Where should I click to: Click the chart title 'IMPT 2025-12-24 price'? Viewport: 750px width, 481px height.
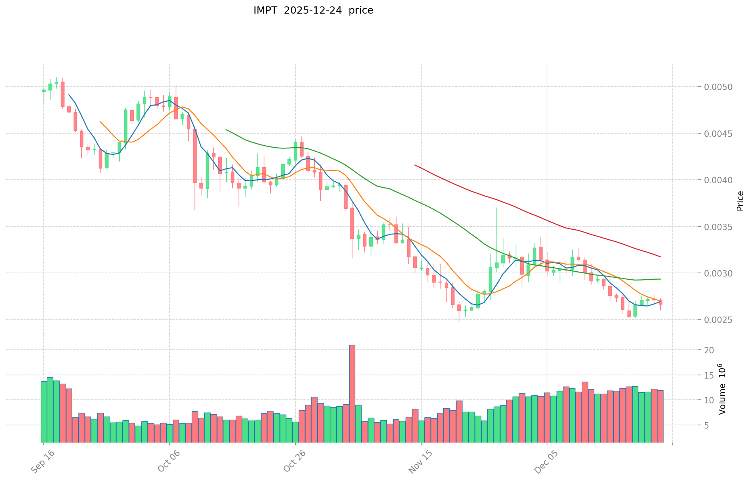pyautogui.click(x=313, y=10)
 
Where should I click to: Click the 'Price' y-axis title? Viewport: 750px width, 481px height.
pyautogui.click(x=740, y=201)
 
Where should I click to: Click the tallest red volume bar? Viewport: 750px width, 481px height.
pyautogui.click(x=352, y=393)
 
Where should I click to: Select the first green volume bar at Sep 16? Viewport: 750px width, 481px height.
pyautogui.click(x=44, y=411)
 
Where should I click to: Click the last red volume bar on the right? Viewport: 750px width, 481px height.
pyautogui.click(x=660, y=416)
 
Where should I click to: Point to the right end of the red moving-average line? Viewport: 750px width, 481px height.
pyautogui.click(x=660, y=257)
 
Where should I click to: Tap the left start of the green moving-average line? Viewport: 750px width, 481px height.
pyautogui.click(x=226, y=130)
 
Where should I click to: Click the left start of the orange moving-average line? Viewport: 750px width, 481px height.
pyautogui.click(x=100, y=122)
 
